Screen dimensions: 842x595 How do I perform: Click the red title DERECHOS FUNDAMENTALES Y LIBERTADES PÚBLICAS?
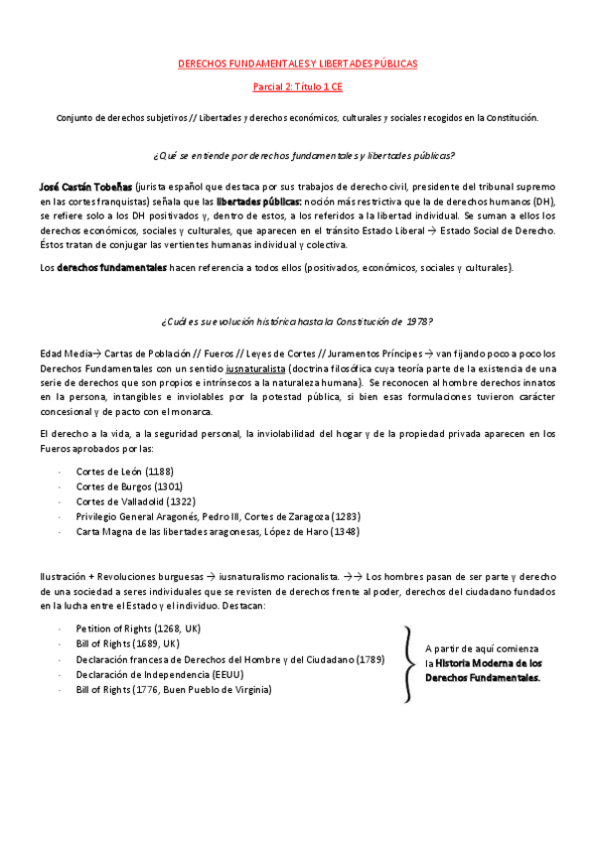297,63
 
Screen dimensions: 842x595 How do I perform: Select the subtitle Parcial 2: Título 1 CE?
297,87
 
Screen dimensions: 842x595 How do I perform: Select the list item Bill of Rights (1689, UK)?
127,643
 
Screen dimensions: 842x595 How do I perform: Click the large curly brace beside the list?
407,663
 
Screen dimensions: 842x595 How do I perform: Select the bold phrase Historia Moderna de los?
488,662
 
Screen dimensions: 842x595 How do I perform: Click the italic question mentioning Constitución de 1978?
296,321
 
